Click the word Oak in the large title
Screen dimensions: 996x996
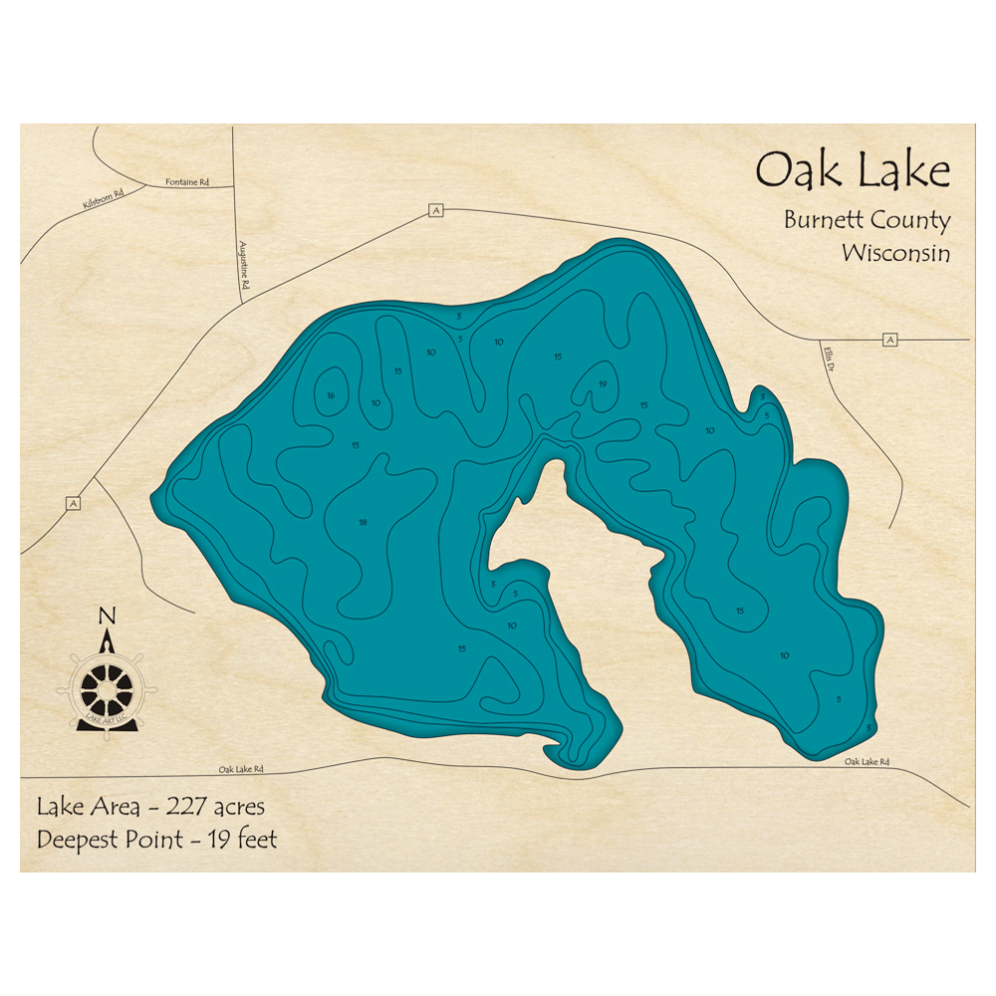(x=792, y=170)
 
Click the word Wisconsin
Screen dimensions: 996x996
(x=895, y=253)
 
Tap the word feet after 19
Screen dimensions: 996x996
(x=254, y=839)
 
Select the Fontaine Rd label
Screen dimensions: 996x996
(x=186, y=183)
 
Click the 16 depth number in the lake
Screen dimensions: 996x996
(x=330, y=396)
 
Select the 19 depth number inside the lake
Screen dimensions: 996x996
(x=603, y=384)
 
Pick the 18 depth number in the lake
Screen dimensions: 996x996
(x=363, y=523)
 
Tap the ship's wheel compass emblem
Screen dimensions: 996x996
(x=105, y=687)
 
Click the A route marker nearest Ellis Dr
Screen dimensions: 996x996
(x=889, y=340)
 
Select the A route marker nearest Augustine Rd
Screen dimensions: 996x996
(x=435, y=210)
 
